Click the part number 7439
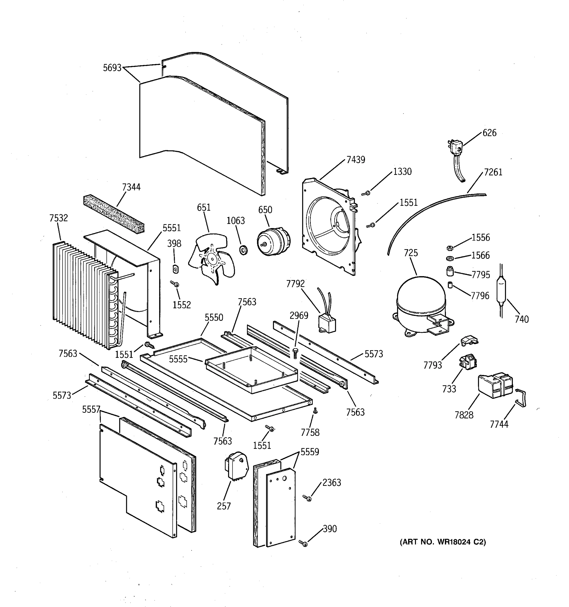click(356, 160)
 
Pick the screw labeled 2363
click(308, 498)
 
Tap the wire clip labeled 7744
click(521, 398)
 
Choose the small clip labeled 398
click(176, 269)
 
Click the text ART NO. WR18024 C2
click(443, 542)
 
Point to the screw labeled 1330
click(366, 193)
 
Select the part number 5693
click(112, 68)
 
